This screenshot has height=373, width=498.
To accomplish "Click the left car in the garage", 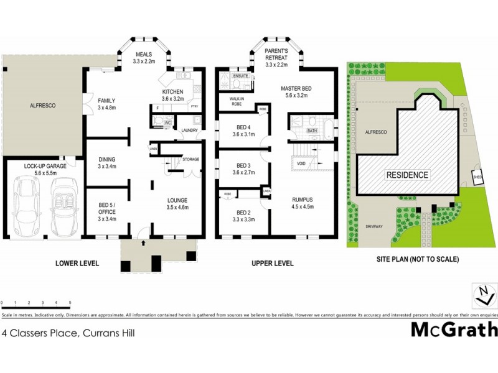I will click(x=26, y=205).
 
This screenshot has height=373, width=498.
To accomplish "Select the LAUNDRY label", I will click(x=189, y=131).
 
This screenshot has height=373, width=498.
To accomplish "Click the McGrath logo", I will click(x=454, y=329).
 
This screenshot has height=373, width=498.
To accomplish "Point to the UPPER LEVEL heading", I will click(x=272, y=264).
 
